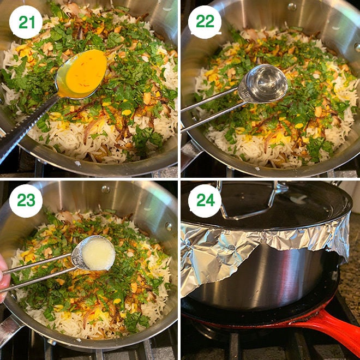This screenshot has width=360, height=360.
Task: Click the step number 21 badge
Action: [x=26, y=22]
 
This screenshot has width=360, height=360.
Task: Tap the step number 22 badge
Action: [x=205, y=22]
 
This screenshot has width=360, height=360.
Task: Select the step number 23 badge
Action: [x=26, y=201]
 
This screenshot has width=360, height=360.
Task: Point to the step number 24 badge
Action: [x=205, y=201]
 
